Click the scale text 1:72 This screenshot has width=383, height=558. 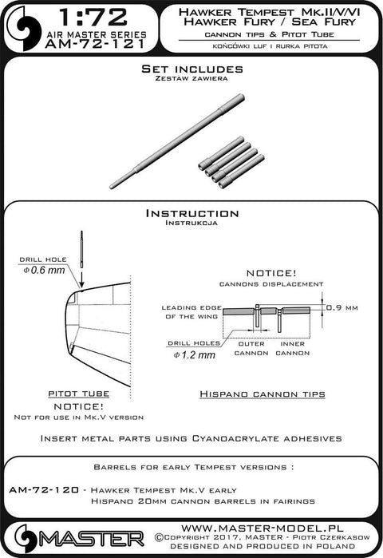click(x=93, y=18)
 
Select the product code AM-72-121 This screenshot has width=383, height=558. click(x=95, y=44)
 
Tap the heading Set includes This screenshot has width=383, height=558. click(x=192, y=69)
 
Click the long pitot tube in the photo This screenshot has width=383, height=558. click(x=177, y=141)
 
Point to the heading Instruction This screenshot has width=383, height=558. click(x=192, y=213)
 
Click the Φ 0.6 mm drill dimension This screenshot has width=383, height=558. click(x=45, y=270)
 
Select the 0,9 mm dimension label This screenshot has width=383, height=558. click(x=342, y=307)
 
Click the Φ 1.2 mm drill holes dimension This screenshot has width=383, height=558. click(x=195, y=354)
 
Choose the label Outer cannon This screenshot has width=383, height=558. click(x=251, y=348)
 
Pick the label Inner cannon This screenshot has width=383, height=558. click(x=292, y=348)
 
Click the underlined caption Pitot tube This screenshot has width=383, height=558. click(x=78, y=394)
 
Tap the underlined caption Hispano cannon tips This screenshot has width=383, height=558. click(x=263, y=394)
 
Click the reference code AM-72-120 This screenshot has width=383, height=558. click(x=44, y=490)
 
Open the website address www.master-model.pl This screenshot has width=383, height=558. click(x=262, y=528)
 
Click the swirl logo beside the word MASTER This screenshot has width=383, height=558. click(x=26, y=538)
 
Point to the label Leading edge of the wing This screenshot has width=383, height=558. click(x=191, y=312)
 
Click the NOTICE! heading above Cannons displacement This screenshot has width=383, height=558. click(x=271, y=273)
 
